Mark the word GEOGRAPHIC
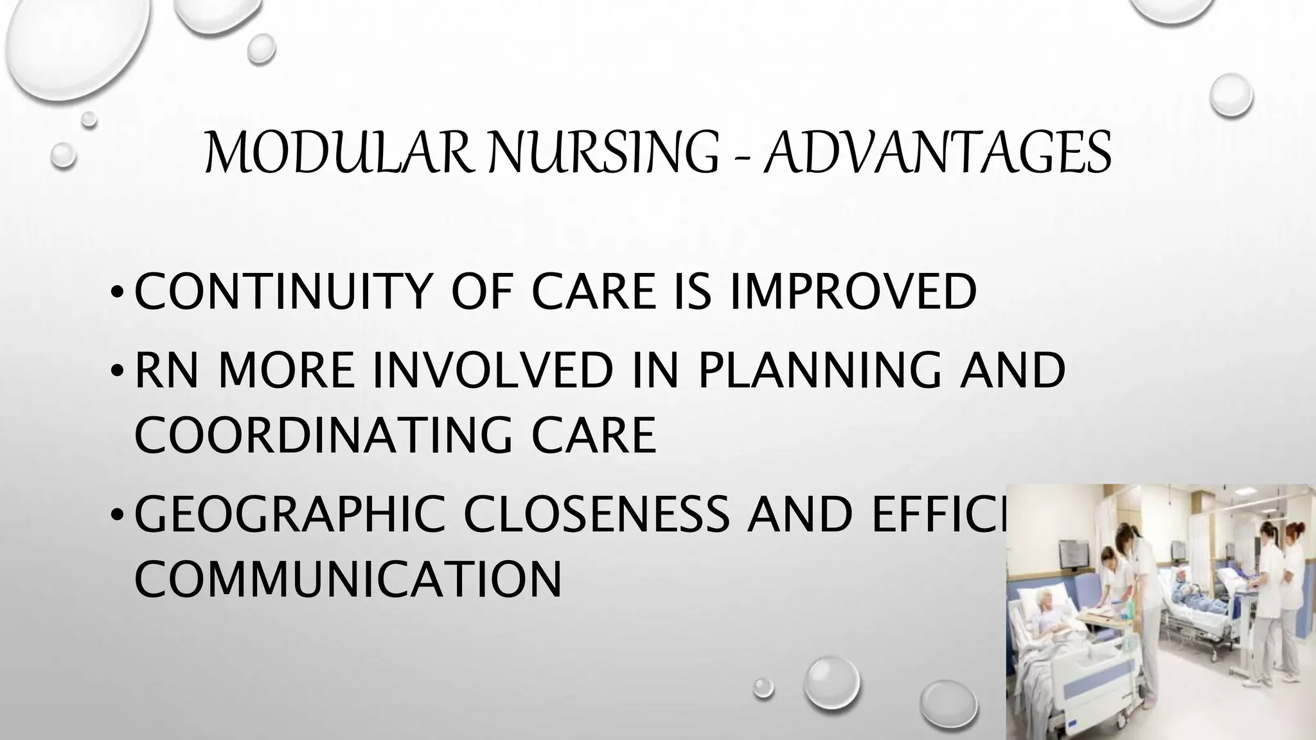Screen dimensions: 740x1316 pyautogui.click(x=289, y=514)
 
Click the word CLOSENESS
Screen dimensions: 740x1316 pyautogui.click(x=598, y=514)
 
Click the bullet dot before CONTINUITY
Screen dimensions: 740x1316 pyautogui.click(x=116, y=294)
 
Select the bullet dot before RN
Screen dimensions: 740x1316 pyautogui.click(x=116, y=373)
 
